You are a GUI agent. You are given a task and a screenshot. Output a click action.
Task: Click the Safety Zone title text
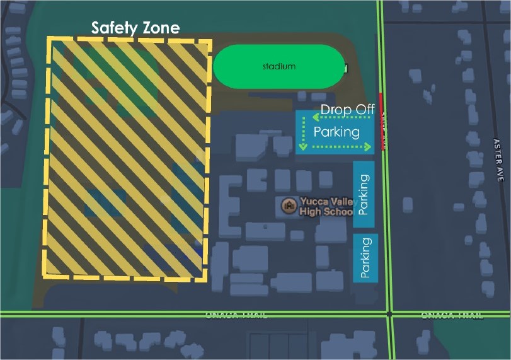(x=135, y=28)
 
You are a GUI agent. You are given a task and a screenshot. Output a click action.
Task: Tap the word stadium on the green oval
(x=278, y=66)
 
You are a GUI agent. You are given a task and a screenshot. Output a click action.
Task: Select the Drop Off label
(x=348, y=110)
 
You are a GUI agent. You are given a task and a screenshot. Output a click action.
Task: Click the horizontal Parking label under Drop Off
(x=336, y=132)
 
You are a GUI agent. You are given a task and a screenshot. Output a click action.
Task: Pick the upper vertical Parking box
(x=364, y=194)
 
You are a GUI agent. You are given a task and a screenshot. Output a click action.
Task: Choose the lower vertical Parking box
(x=365, y=258)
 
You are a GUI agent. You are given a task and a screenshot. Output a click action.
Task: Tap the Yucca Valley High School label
(x=326, y=207)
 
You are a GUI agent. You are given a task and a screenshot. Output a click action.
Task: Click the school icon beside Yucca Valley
(x=289, y=206)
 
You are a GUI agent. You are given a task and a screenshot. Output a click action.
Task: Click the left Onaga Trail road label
(x=236, y=315)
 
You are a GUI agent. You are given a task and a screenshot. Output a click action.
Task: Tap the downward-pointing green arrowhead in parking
(x=302, y=147)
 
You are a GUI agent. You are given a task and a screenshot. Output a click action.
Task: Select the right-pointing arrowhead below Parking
(x=370, y=147)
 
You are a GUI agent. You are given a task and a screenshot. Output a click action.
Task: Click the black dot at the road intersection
(x=390, y=313)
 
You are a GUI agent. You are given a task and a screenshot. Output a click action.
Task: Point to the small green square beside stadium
(x=345, y=67)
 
